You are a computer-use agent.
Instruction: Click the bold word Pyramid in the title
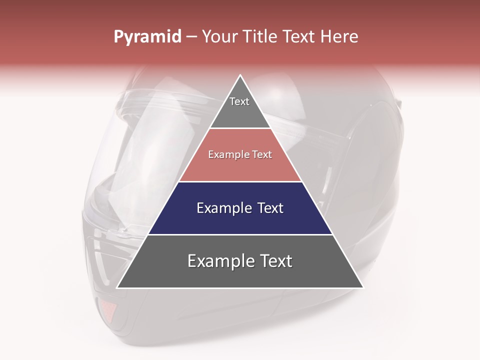click(x=147, y=37)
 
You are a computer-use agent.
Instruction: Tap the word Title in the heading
click(x=259, y=37)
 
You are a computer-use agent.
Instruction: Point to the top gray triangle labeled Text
click(x=240, y=107)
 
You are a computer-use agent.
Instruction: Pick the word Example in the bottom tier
click(x=220, y=261)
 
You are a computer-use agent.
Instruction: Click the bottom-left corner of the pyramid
click(x=118, y=287)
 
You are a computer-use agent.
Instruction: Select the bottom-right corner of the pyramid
click(x=362, y=287)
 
